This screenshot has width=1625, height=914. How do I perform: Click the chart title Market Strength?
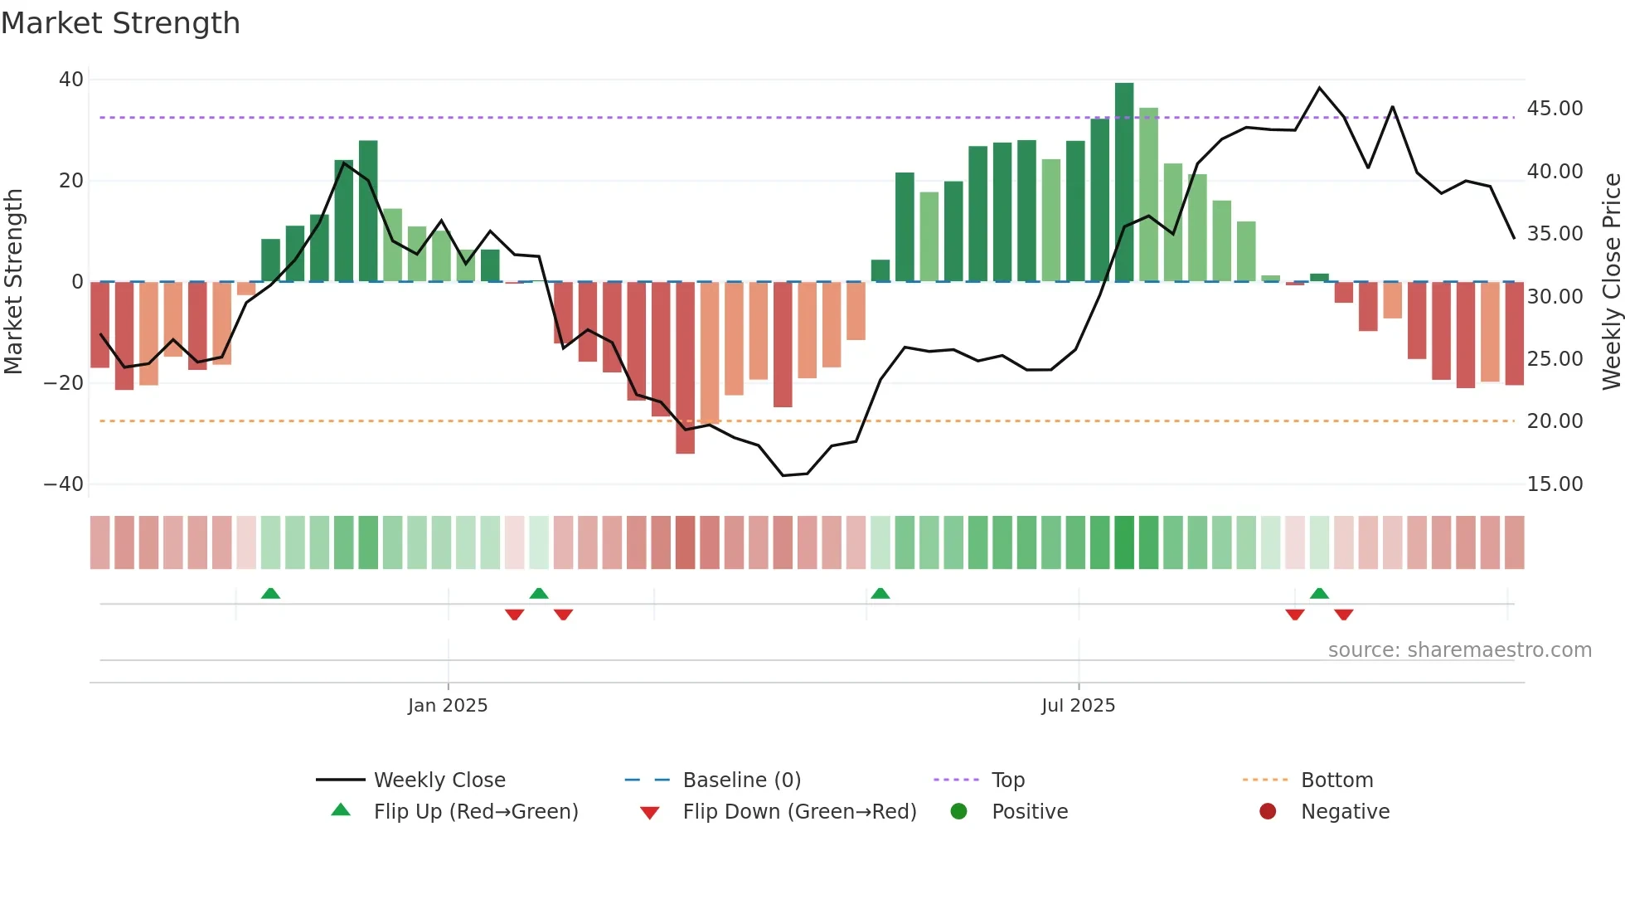pos(120,23)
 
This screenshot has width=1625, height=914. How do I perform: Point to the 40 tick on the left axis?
pos(71,80)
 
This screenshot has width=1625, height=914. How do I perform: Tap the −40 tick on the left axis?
pos(64,484)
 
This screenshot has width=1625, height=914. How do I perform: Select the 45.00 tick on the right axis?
pos(1555,109)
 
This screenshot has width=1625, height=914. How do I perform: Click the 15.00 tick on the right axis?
pos(1555,484)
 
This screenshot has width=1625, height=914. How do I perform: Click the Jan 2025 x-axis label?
pos(448,706)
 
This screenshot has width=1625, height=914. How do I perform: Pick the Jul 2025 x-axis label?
pos(1078,706)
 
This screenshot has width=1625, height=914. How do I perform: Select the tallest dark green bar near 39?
pos(1124,182)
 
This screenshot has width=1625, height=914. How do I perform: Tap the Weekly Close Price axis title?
pos(1611,282)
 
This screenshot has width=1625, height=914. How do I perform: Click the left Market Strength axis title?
pos(13,282)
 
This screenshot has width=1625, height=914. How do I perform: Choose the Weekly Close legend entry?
pos(439,780)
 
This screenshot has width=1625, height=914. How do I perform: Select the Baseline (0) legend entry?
pos(741,780)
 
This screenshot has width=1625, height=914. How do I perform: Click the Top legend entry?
pos(1007,780)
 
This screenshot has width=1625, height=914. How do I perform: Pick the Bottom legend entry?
pos(1336,780)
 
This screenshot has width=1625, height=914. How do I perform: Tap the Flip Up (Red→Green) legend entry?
pos(475,812)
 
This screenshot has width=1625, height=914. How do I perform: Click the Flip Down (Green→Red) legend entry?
pos(799,812)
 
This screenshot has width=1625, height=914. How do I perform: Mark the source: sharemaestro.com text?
pos(1459,650)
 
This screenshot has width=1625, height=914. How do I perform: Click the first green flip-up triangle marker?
pos(270,593)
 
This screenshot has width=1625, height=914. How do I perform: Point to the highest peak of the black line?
pos(1319,88)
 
